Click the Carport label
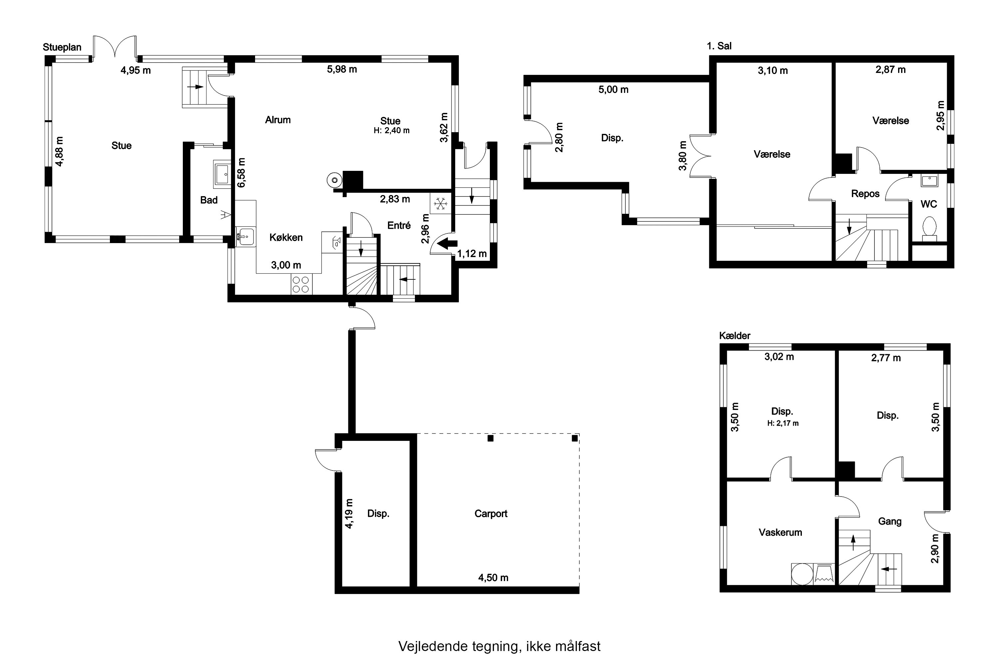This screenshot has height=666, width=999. click(x=491, y=513)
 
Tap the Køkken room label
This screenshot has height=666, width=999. click(x=286, y=237)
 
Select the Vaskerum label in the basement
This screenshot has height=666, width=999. click(x=780, y=532)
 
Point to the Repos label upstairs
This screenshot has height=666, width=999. click(x=865, y=194)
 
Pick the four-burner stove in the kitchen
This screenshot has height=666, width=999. click(x=301, y=284)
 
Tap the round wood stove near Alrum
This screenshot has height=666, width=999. click(x=335, y=180)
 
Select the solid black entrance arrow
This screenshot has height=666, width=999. click(x=447, y=244)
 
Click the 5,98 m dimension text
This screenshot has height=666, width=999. click(x=342, y=69)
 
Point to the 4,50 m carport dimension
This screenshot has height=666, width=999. click(x=493, y=578)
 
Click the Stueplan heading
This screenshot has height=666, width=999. click(x=62, y=47)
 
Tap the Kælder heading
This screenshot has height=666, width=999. click(x=735, y=336)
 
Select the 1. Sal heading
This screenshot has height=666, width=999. click(x=719, y=46)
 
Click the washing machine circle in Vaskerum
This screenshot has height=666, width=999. click(x=802, y=574)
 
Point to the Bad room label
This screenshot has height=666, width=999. click(x=209, y=200)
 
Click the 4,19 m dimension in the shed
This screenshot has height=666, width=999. click(x=349, y=513)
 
